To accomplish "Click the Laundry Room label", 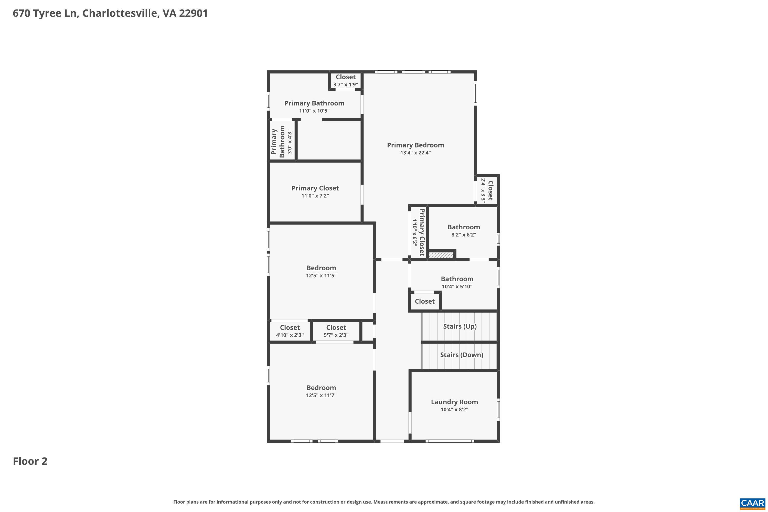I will pos(454,402).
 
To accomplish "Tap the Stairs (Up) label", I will pos(460,326).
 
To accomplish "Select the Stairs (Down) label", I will pos(461,355).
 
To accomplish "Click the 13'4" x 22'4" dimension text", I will pos(415,153).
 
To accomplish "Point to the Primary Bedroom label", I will pos(415,145).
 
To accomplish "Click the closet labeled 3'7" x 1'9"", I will pos(345,81).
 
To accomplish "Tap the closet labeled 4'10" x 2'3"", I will pos(290,331).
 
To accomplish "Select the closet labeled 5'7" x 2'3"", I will pos(336,331).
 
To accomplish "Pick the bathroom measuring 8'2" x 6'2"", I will pos(463,230).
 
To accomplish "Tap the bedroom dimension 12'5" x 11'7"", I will pos(321,395).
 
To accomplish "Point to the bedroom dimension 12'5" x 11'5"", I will pos(321,275).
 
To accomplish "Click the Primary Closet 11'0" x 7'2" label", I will pos(315,191).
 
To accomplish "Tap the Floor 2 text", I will pos(30,461).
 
